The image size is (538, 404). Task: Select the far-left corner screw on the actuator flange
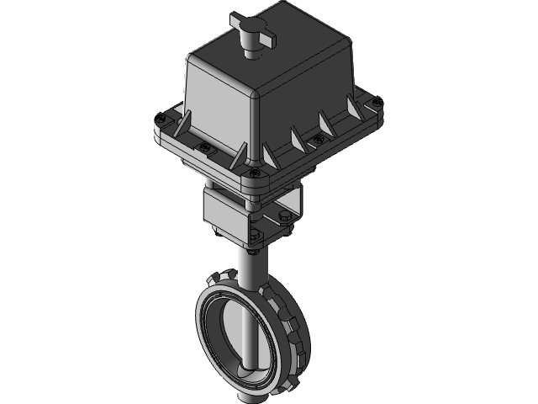157,118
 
